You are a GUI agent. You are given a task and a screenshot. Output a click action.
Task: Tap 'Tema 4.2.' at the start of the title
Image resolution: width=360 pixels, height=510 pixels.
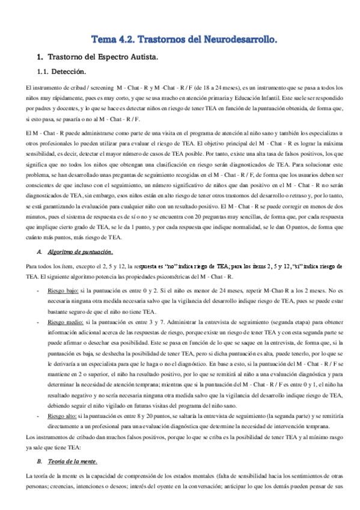pos(112,40)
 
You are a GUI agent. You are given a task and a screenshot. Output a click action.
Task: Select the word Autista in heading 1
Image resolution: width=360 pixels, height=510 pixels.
pos(139,58)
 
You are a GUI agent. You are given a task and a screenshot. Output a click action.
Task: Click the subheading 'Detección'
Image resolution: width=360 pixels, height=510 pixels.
pos(72,72)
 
